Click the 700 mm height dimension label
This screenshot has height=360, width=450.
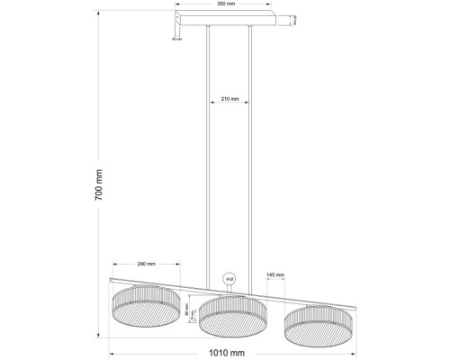pyautogui.click(x=101, y=184)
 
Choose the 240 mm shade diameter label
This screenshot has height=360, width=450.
pyautogui.click(x=146, y=264)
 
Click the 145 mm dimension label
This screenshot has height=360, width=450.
pyautogui.click(x=275, y=274)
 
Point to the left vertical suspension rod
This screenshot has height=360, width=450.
pyautogui.click(x=209, y=153)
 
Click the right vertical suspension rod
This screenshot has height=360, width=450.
pyautogui.click(x=248, y=153)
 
